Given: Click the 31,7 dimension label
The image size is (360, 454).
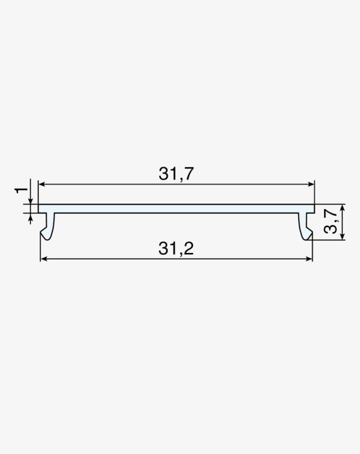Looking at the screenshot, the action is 176,174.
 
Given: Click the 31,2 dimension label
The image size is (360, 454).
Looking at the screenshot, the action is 176,249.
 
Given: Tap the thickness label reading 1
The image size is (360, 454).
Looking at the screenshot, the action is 21,190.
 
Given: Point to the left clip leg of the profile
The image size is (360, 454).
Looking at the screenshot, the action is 48,226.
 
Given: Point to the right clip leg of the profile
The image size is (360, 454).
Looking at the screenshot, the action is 305,226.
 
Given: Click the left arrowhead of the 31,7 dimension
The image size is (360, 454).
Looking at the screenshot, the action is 42,184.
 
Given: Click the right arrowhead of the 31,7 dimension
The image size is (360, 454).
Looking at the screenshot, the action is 311,184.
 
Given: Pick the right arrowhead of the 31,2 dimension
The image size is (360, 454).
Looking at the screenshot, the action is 309,259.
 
